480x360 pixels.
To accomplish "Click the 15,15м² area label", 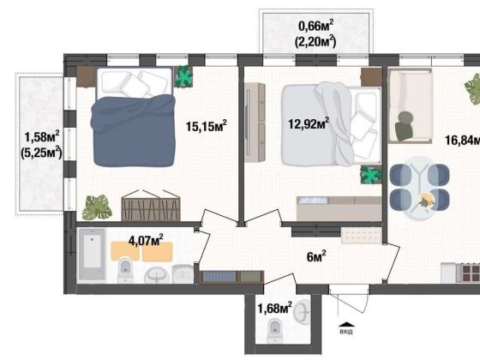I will tap(206, 126).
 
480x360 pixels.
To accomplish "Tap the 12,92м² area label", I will tap(309, 123).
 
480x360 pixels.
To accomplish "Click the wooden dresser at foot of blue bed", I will tap(153, 207).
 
